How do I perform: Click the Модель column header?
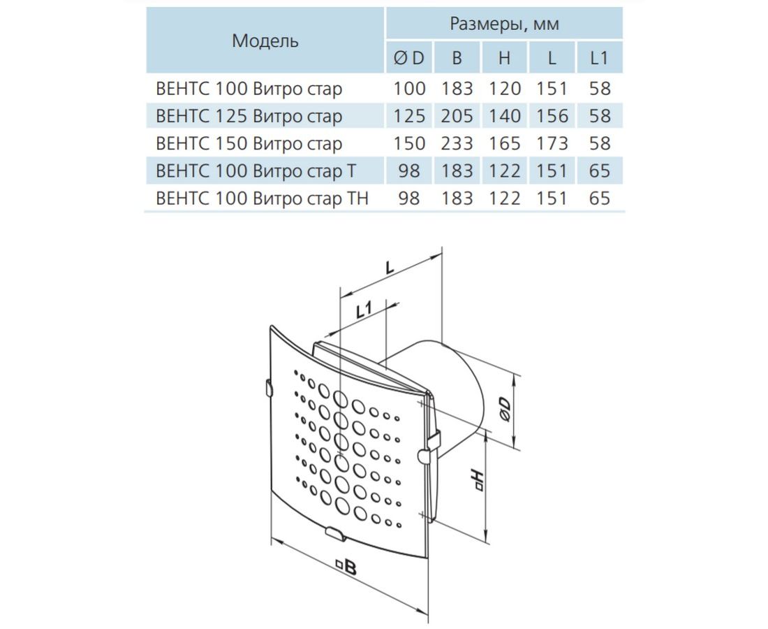pos(265,41)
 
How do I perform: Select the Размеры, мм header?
pos(504,24)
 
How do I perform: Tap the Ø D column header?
pos(409,58)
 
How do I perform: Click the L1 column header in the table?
pos(599,58)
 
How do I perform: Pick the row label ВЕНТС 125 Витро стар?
pos(249,116)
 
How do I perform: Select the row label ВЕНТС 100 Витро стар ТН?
pos(262,198)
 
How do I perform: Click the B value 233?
pos(457,143)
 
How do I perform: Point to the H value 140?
pos(504,116)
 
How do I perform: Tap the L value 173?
pos(552,143)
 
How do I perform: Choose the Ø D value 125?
pos(409,116)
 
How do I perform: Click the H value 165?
pos(504,143)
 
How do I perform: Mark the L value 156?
pos(552,116)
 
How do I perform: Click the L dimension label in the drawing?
pos(390,268)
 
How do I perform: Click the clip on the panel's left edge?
pos(268,387)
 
